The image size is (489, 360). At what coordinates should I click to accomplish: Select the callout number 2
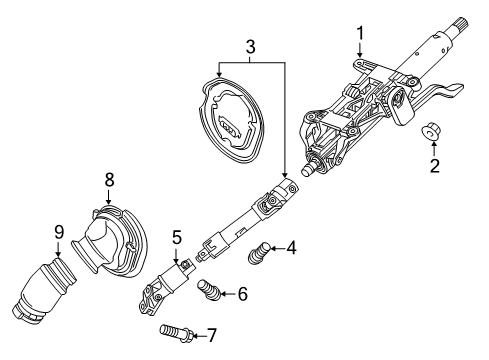tap(434, 165)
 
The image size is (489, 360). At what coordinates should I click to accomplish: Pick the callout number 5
tap(176, 237)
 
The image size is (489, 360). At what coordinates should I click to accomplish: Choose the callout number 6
tap(241, 294)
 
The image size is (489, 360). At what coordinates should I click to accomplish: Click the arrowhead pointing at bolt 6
tap(226, 294)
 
